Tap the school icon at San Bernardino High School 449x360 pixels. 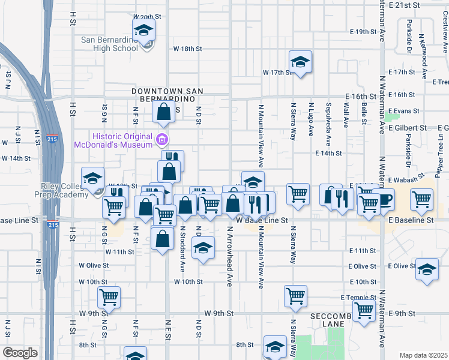[x=144, y=30]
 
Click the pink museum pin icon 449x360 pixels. [x=161, y=140]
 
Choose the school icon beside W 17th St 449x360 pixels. [x=300, y=62]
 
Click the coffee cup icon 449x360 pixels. [x=383, y=199]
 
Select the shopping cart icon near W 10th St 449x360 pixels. [x=109, y=296]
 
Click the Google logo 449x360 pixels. [x=20, y=352]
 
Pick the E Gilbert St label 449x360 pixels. [x=406, y=128]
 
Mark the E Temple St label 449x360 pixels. [x=358, y=298]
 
